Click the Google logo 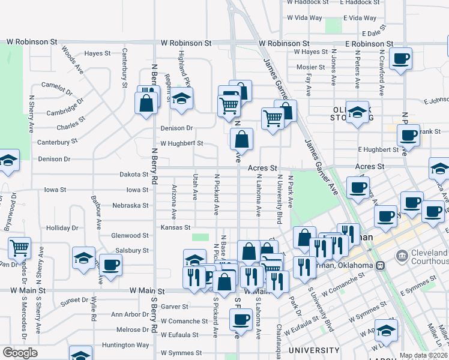[19, 353]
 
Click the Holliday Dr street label [62, 228]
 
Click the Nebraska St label [130, 205]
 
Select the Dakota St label [133, 175]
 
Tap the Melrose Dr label [133, 329]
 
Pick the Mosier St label [310, 67]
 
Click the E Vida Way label [362, 19]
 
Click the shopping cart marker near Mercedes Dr [20, 246]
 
